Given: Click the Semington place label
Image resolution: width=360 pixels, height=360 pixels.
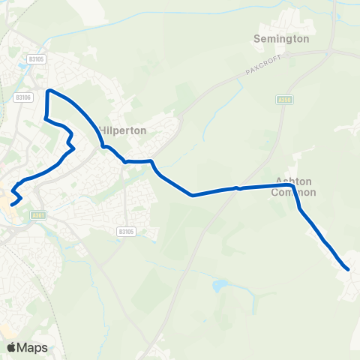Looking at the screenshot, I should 281,37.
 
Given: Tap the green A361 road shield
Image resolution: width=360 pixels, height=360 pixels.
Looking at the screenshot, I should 39,214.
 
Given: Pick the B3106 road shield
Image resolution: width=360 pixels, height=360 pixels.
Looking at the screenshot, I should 22,97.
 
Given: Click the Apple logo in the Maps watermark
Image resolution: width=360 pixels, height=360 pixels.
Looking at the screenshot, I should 12,347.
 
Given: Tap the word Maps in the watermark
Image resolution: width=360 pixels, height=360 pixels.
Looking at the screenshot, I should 33,347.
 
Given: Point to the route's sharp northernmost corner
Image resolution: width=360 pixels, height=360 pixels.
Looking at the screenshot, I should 49,91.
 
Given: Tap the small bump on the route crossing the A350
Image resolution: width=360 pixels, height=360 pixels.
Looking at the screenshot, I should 237,187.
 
